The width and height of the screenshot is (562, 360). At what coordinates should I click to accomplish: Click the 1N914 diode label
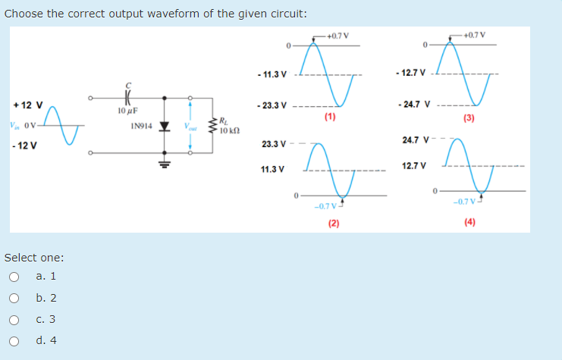pyautogui.click(x=140, y=126)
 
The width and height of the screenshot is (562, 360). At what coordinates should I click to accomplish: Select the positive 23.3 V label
pyautogui.click(x=273, y=143)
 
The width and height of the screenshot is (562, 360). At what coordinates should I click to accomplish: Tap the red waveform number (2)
pyautogui.click(x=334, y=223)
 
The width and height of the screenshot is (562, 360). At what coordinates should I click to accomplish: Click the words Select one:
pyautogui.click(x=34, y=258)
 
